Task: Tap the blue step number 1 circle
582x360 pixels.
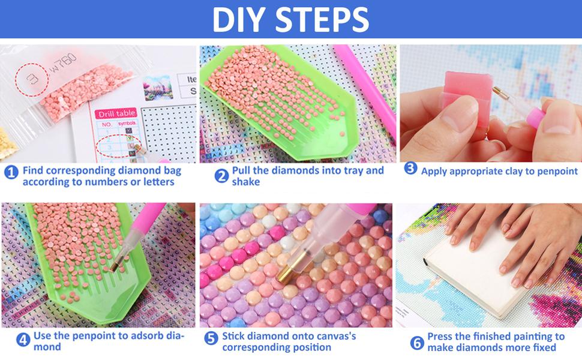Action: (11, 173)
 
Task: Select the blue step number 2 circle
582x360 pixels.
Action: (222, 175)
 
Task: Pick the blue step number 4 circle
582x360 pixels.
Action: (23, 340)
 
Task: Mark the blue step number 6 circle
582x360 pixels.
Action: (416, 343)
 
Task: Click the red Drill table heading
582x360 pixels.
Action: (116, 113)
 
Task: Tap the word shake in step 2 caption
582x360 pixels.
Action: (246, 182)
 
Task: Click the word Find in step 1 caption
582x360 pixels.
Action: (35, 170)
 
